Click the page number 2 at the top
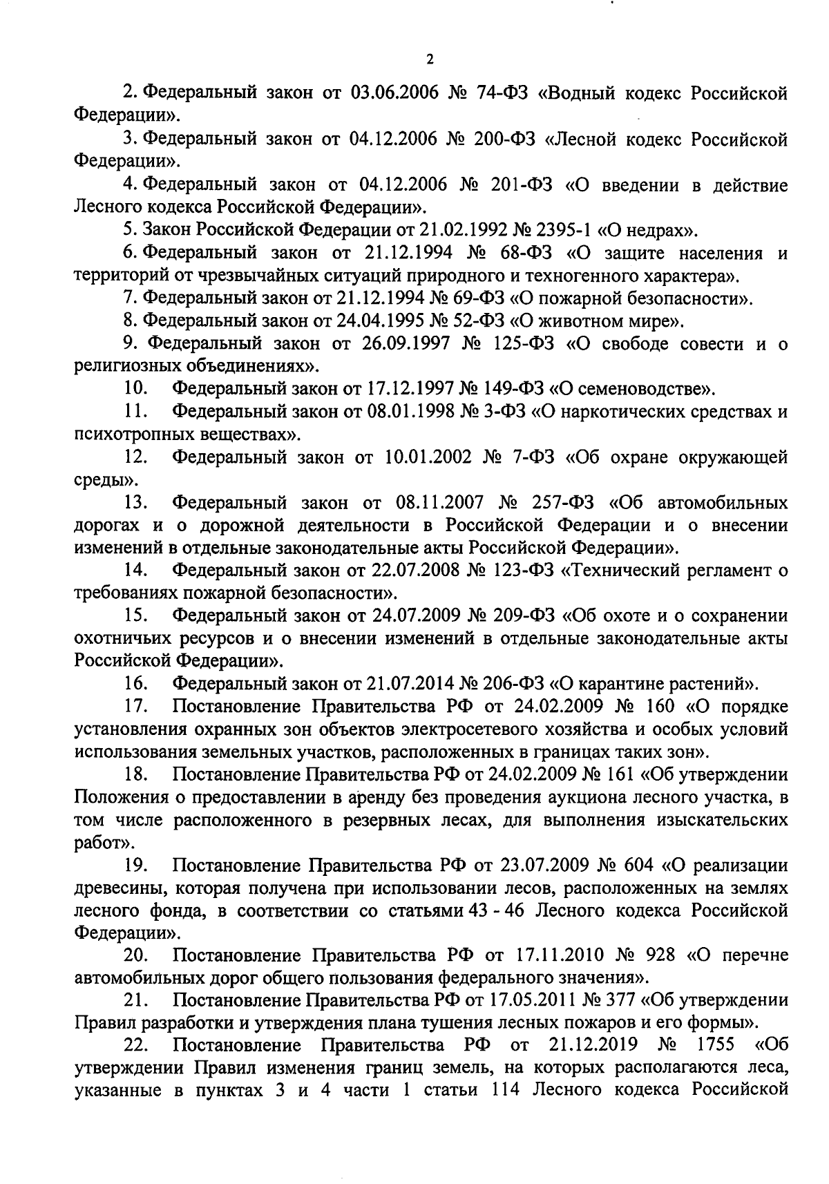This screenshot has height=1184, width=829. pos(429,60)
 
